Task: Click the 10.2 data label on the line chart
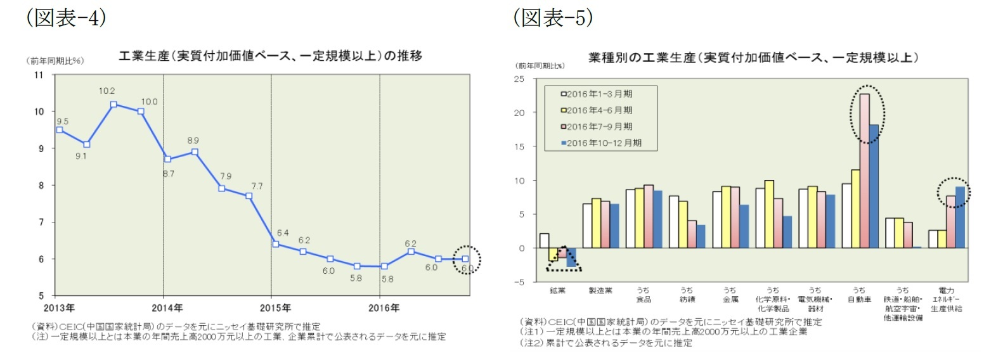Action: (x=107, y=91)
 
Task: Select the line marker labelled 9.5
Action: (x=60, y=130)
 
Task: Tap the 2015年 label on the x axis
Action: (x=275, y=308)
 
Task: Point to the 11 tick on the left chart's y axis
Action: (x=39, y=75)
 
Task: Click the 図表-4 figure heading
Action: (x=65, y=17)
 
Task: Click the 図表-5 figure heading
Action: (x=553, y=17)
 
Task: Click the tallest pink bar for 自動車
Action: (x=864, y=170)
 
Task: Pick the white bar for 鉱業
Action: (x=544, y=241)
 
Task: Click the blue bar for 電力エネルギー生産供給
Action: (x=960, y=217)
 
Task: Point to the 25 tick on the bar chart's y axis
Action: (x=519, y=79)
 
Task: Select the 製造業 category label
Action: (x=600, y=291)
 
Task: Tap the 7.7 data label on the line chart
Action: (x=257, y=186)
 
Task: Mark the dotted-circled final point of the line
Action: (x=465, y=259)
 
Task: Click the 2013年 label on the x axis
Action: (x=59, y=308)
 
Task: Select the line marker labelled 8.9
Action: (x=195, y=152)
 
